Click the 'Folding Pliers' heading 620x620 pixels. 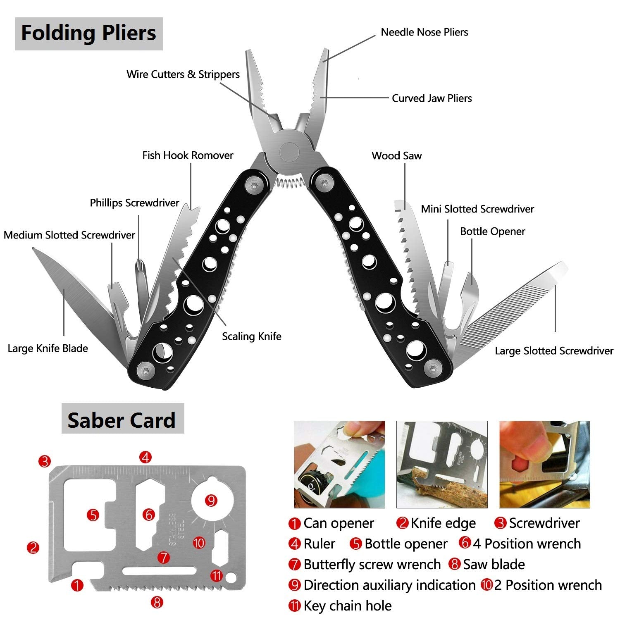88,33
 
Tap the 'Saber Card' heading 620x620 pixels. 122,420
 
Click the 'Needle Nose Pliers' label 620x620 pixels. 424,32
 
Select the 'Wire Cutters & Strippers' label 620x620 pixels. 183,74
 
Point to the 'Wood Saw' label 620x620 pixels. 396,156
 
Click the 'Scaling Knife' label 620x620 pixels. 251,336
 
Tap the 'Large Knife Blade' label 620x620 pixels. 48,348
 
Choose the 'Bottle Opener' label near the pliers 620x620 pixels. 492,231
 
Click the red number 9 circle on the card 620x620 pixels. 211,501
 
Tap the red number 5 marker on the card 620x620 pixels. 93,515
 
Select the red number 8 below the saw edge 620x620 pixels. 157,602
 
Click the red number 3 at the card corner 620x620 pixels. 45,461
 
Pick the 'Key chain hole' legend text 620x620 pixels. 347,606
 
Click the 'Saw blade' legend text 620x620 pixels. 494,565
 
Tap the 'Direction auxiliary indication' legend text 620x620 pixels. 389,585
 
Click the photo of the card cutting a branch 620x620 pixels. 441,464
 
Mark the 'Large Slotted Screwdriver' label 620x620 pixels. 554,351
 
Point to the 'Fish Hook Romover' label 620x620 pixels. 188,155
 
